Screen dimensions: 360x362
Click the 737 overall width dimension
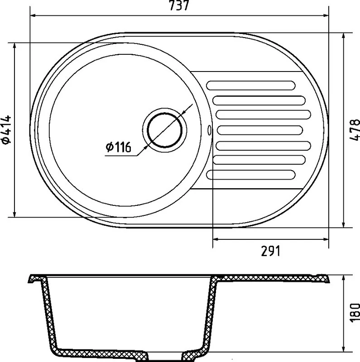tap(179, 5)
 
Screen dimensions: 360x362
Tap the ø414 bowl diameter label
tap(6, 129)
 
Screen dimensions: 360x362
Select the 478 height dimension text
tap(355, 129)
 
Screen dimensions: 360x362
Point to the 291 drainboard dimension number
tap(270, 251)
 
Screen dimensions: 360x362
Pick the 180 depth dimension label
tap(355, 312)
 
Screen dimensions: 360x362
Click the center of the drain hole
tap(164, 130)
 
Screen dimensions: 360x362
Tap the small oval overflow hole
tap(209, 130)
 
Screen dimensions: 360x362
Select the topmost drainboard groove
tap(251, 85)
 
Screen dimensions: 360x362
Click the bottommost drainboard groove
tap(251, 175)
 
